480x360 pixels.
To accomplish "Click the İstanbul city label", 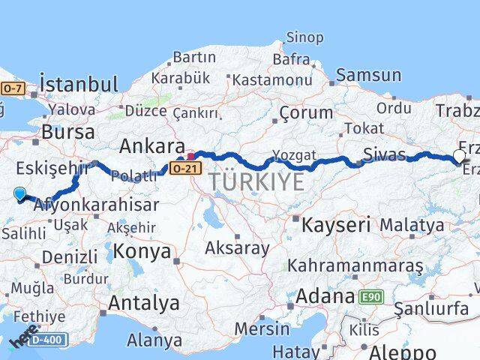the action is click(78, 84).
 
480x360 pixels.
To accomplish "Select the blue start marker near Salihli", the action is click(19, 194).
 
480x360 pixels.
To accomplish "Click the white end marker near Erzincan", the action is click(459, 157).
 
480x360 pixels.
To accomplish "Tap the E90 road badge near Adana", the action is click(369, 297).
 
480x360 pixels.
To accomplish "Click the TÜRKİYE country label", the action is click(256, 181).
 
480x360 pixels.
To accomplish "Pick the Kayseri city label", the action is click(337, 223).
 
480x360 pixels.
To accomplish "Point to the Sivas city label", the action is click(385, 155).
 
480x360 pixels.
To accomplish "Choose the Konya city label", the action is click(142, 251).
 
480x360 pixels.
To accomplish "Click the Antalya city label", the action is click(144, 303).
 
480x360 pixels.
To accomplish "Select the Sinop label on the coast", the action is click(304, 37).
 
